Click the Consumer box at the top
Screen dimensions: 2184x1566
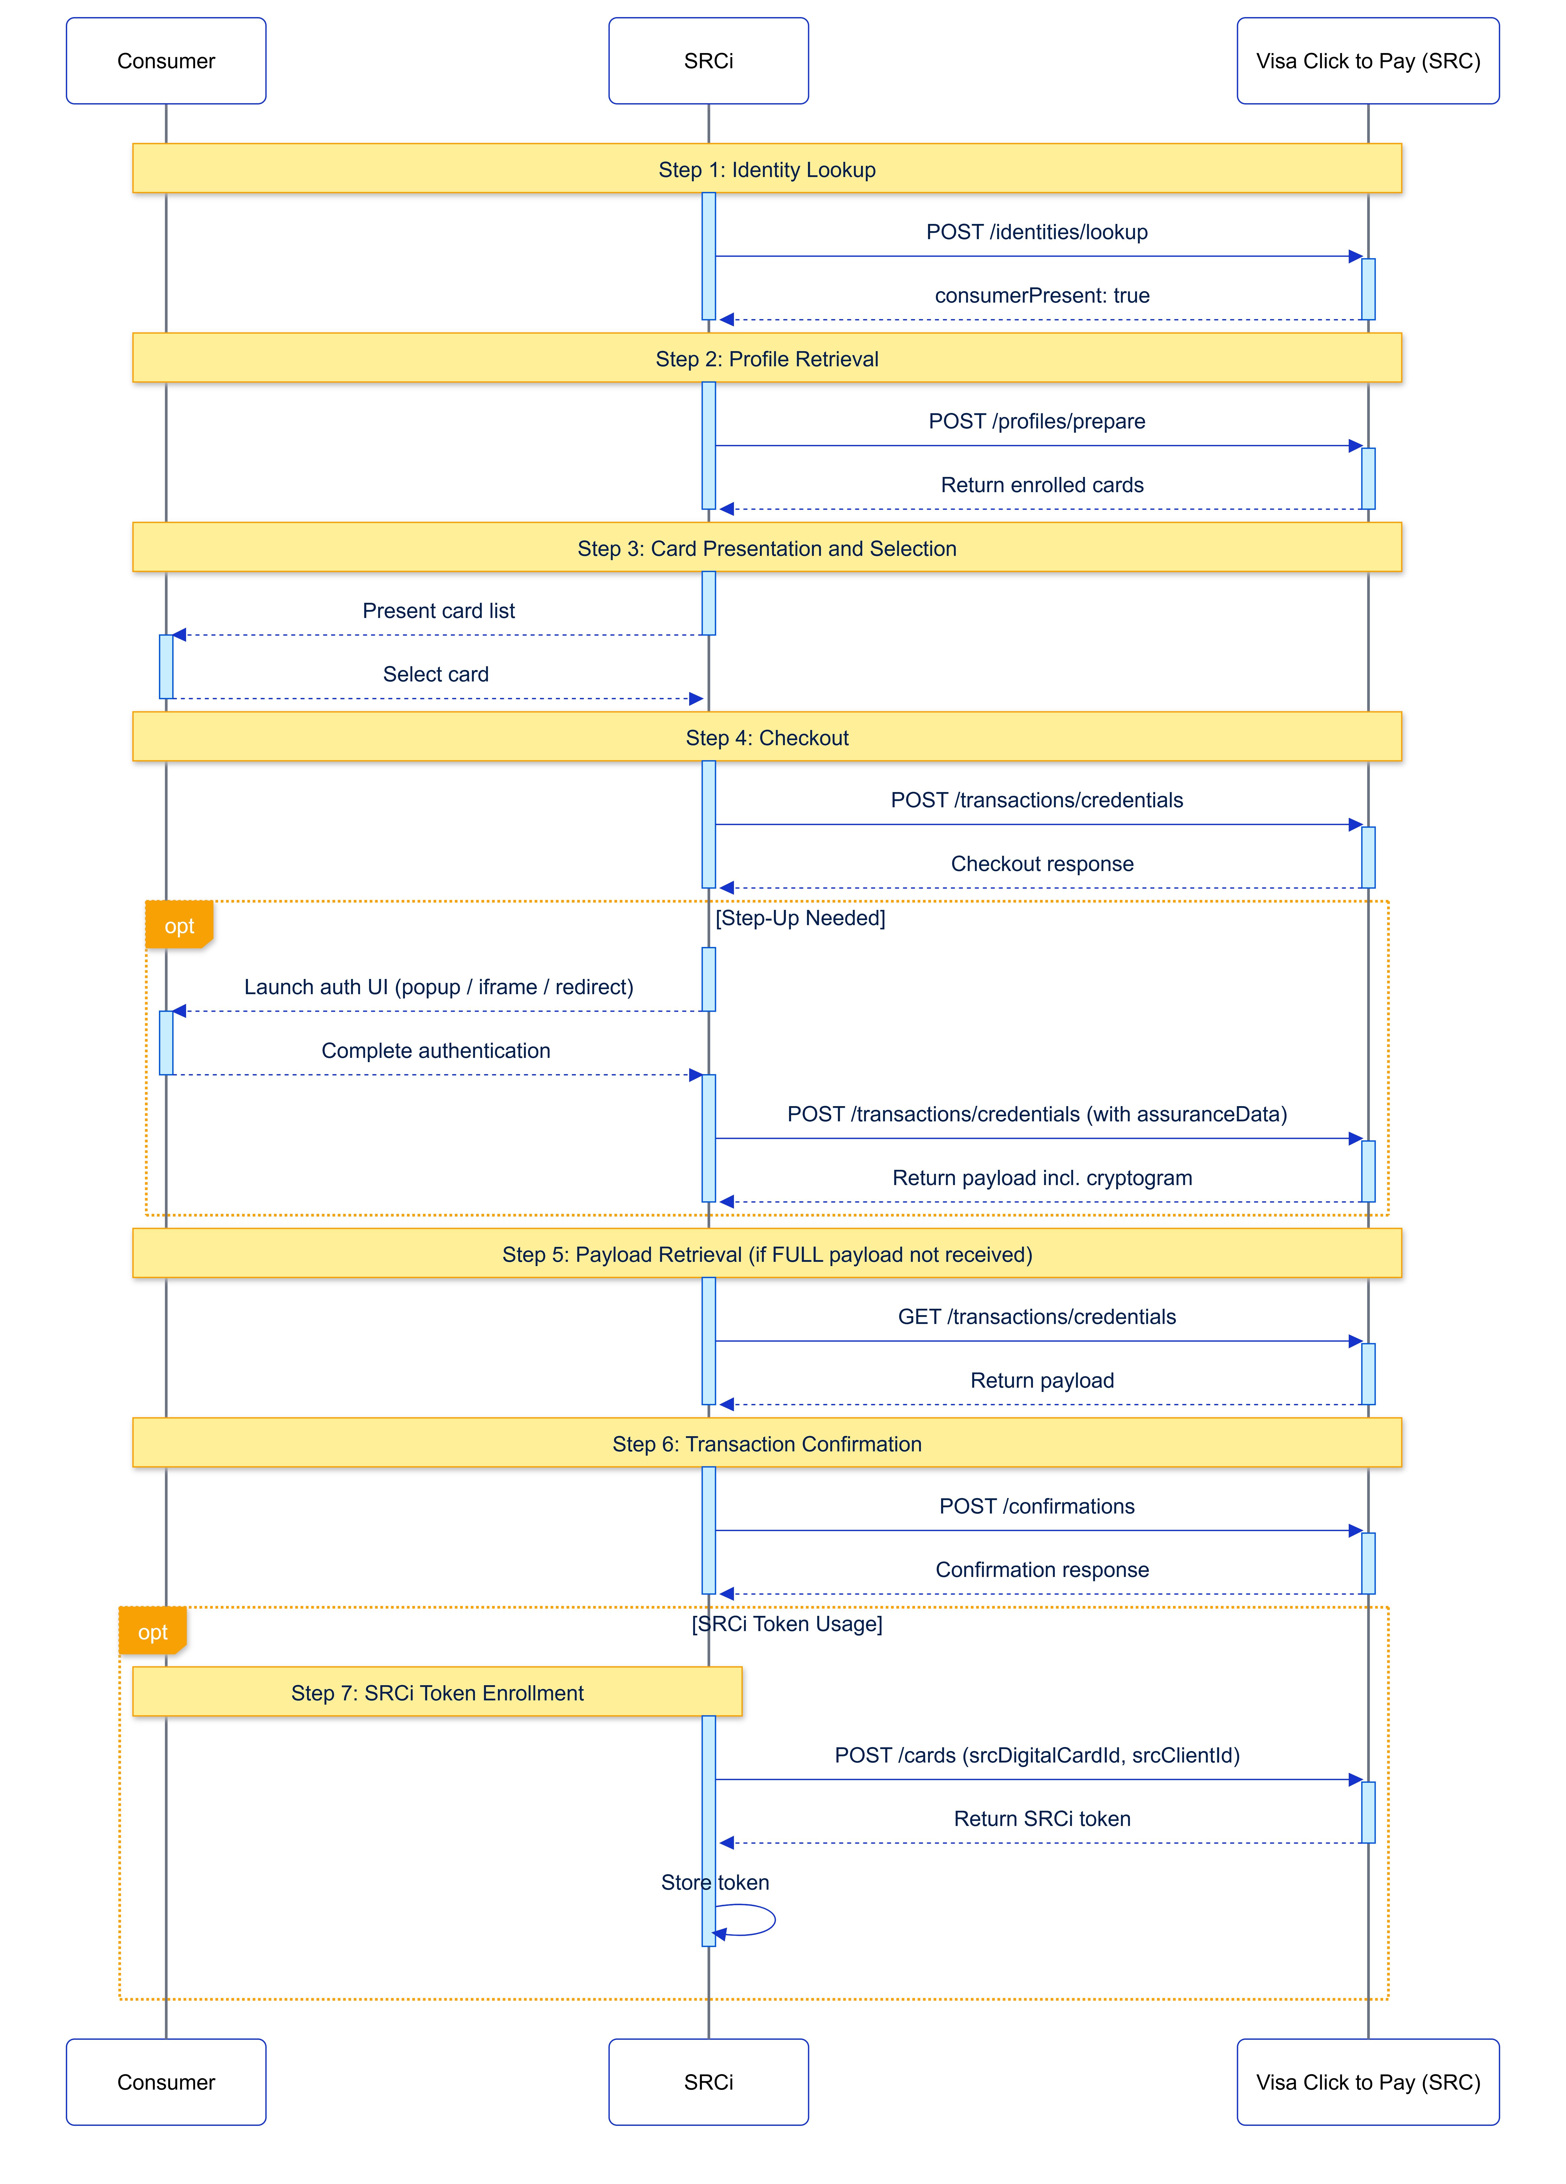coord(166,61)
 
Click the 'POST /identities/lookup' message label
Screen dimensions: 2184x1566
coord(1036,232)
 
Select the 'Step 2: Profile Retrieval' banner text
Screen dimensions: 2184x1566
coord(767,359)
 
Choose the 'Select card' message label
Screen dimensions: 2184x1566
coord(435,674)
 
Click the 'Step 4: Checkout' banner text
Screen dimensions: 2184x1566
coord(767,738)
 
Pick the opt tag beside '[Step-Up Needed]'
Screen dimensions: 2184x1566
coord(179,925)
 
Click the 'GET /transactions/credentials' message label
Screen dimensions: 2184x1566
coord(1036,1316)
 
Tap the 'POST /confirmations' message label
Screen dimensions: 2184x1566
coord(1036,1506)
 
